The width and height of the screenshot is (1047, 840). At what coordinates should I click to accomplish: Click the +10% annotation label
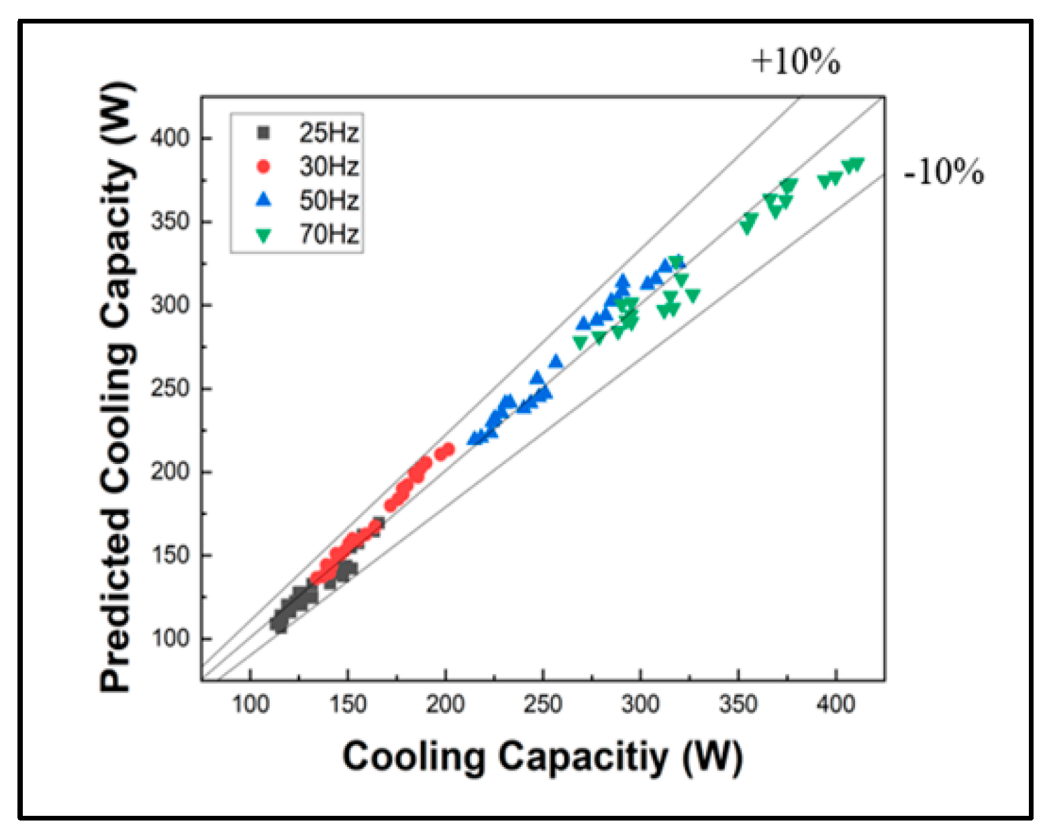[x=795, y=61]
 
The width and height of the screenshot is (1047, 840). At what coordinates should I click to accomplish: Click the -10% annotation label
[x=944, y=172]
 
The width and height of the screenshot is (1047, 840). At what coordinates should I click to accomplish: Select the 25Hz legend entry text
[x=328, y=133]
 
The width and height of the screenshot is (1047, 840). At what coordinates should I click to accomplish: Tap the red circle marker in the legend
[x=264, y=167]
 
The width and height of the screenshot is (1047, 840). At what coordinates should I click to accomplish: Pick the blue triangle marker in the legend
[x=264, y=199]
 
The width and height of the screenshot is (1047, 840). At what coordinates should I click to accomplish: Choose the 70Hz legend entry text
[x=328, y=234]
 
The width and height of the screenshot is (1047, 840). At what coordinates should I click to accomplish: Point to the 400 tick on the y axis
[x=170, y=138]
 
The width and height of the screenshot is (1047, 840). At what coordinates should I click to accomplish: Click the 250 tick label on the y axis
[x=170, y=388]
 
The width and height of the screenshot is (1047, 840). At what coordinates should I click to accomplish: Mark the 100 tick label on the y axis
[x=170, y=638]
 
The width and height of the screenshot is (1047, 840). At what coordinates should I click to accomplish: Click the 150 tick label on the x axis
[x=348, y=705]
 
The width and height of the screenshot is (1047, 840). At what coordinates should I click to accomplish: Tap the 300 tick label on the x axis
[x=640, y=705]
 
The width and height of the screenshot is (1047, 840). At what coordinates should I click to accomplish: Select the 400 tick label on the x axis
[x=836, y=705]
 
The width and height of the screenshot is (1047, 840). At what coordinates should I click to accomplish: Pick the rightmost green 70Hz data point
[x=856, y=164]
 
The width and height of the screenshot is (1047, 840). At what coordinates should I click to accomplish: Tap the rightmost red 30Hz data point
[x=448, y=449]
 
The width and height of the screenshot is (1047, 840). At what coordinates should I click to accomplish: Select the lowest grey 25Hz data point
[x=281, y=628]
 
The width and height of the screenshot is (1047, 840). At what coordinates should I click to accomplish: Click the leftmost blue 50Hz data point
[x=473, y=438]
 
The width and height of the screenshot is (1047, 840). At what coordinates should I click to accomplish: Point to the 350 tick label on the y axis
[x=170, y=221]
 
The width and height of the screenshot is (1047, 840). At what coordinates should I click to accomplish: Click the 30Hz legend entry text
[x=328, y=167]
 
